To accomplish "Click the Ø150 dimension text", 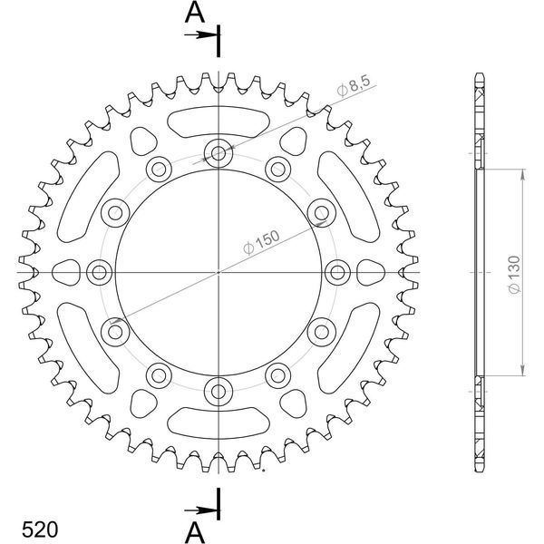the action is [261, 242].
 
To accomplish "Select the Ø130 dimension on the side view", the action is [514, 275].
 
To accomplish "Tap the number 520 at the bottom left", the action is [40, 529].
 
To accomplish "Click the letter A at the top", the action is [195, 13].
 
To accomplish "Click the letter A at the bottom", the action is [195, 532].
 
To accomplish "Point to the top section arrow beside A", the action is [199, 34].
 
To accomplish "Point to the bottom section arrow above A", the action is [199, 510].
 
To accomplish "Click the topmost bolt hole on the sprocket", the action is [219, 152].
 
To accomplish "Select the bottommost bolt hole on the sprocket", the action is [219, 392].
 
